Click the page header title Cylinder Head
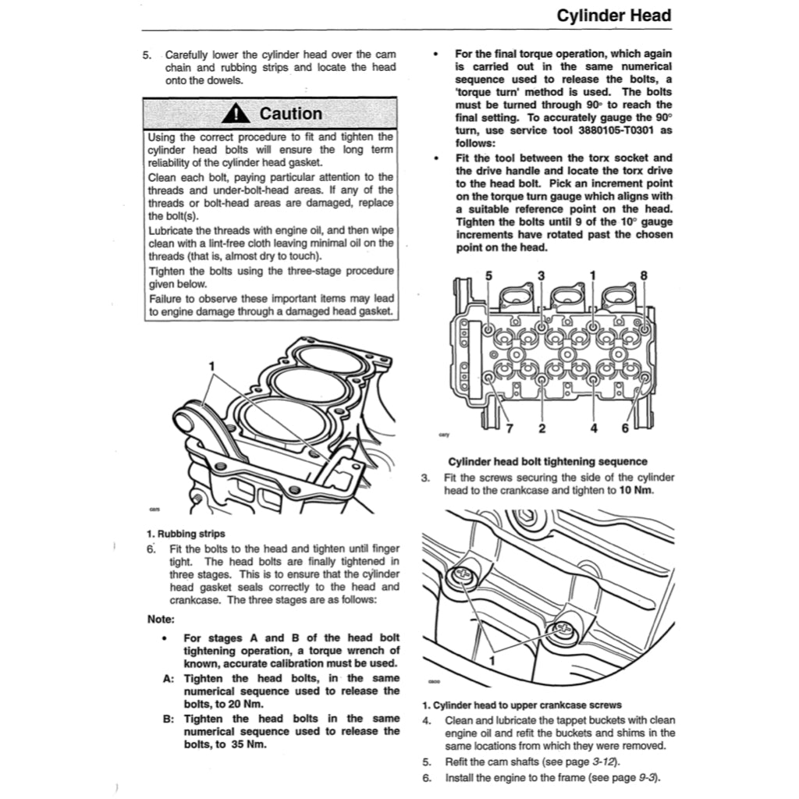[x=614, y=16]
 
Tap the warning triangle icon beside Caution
[x=235, y=114]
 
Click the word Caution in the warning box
[x=290, y=114]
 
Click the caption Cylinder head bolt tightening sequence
[x=548, y=461]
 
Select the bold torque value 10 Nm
[x=636, y=490]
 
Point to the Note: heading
[x=162, y=620]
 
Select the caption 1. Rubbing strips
[x=186, y=534]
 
